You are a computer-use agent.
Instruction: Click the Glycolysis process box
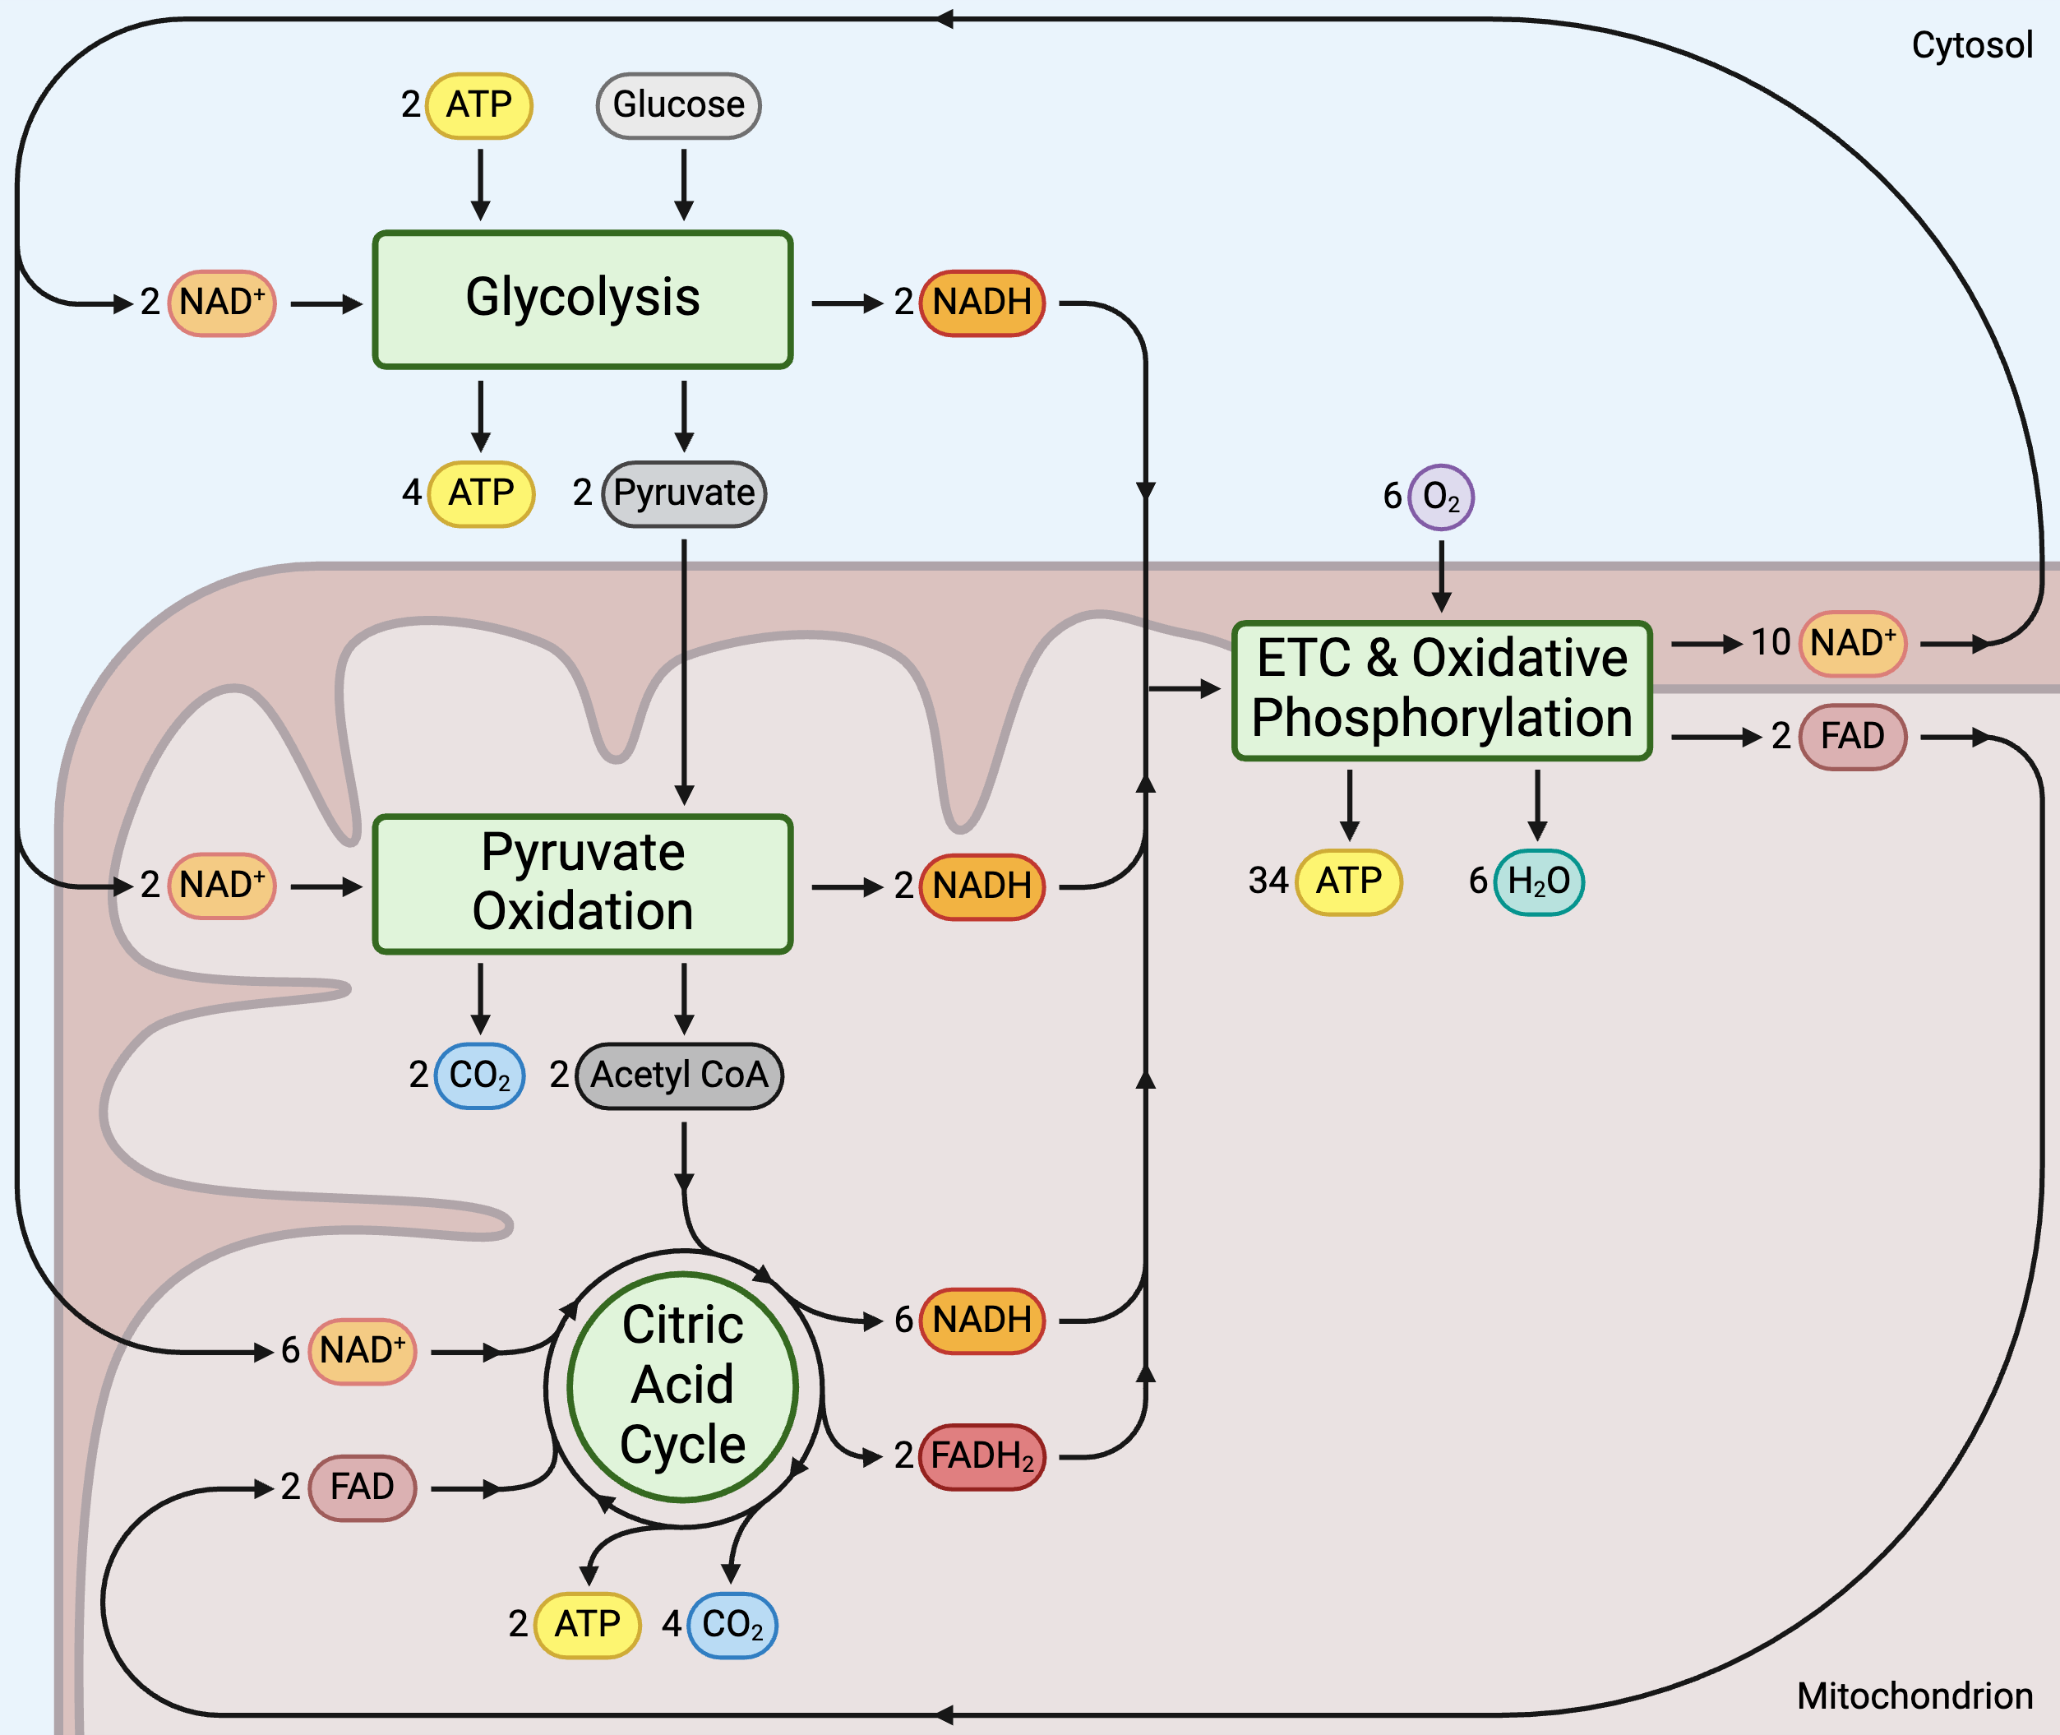[x=582, y=300]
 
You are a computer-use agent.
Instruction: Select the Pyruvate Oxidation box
[x=582, y=883]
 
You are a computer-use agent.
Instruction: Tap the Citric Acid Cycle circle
[x=682, y=1387]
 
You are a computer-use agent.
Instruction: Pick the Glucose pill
[x=678, y=105]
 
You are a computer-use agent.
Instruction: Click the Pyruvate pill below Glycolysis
[x=685, y=493]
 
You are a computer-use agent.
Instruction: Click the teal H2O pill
[x=1538, y=882]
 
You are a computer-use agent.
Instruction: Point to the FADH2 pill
[x=982, y=1456]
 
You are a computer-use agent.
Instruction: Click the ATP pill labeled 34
[x=1349, y=882]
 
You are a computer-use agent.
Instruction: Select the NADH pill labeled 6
[x=982, y=1321]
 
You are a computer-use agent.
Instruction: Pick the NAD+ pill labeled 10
[x=1853, y=644]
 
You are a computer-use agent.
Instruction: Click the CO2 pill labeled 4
[x=732, y=1625]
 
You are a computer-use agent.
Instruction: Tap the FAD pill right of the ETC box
[x=1853, y=737]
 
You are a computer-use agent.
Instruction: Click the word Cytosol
[x=1970, y=45]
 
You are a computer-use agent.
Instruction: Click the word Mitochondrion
[x=1914, y=1696]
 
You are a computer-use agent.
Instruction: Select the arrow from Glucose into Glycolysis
[x=683, y=184]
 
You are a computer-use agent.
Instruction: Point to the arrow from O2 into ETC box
[x=1442, y=576]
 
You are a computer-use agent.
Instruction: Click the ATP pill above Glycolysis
[x=480, y=105]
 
